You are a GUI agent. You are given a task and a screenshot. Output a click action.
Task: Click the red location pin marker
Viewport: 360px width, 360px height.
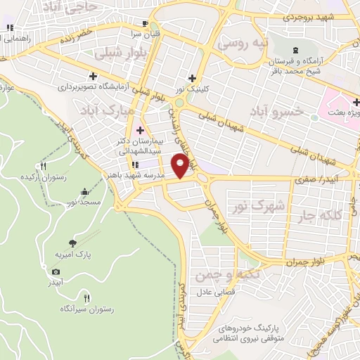click(181, 166)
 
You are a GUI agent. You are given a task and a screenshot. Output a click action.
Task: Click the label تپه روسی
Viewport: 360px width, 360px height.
click(243, 44)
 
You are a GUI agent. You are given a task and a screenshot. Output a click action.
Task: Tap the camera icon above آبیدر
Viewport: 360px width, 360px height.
click(56, 271)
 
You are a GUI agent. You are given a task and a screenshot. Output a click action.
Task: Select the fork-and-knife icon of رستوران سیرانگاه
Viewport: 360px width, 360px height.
click(86, 297)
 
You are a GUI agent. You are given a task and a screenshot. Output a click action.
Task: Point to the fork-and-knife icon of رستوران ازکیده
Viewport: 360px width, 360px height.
click(43, 167)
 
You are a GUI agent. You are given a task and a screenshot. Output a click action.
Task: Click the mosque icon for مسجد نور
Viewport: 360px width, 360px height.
click(84, 191)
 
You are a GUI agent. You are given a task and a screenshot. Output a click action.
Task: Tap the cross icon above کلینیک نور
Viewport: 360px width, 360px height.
click(191, 78)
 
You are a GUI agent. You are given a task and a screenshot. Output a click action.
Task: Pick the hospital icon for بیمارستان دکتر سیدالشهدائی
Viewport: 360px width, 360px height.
click(139, 129)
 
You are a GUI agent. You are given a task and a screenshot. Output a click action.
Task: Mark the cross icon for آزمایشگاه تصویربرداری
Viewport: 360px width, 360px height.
click(93, 76)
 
